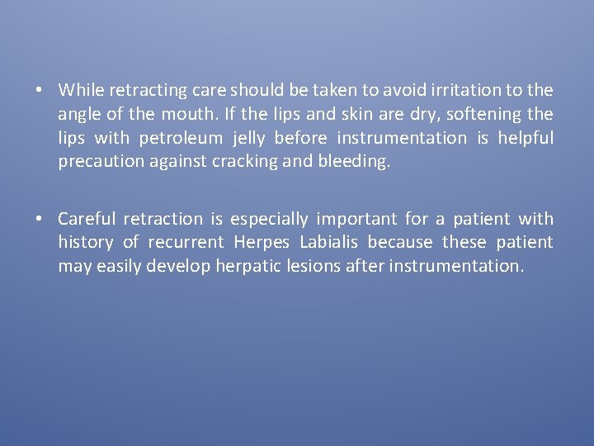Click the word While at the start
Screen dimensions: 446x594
pos(80,89)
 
